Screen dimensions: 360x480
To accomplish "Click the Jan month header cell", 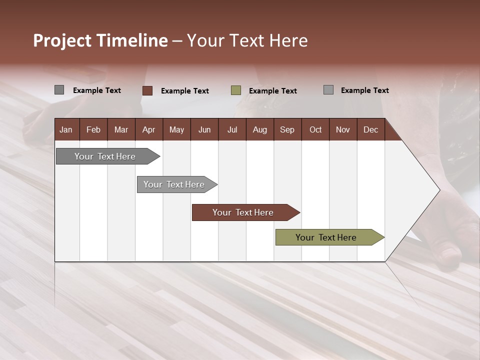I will click(x=66, y=129).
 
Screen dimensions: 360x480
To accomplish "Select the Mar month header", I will click(x=121, y=129).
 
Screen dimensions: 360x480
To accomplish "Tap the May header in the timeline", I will click(x=176, y=129).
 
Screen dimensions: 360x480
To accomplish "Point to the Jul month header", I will click(x=232, y=129).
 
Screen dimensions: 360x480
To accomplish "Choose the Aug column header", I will click(x=259, y=129).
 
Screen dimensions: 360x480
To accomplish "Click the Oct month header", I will click(x=315, y=129).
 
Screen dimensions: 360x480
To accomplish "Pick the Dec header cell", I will click(x=370, y=129).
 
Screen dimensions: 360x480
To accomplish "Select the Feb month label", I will click(x=93, y=129).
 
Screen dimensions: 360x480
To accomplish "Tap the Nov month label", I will click(x=342, y=129).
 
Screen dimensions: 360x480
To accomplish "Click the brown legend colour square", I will click(x=147, y=90).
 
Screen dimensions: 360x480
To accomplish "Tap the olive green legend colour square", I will click(x=236, y=90).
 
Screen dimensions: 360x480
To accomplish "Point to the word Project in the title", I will click(x=62, y=40).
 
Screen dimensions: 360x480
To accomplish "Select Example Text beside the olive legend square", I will click(x=272, y=91).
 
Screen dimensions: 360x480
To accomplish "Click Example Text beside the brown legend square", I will click(x=184, y=91).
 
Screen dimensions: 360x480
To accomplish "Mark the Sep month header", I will click(x=287, y=129).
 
